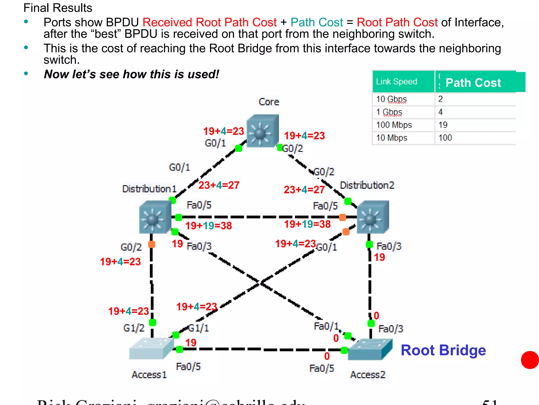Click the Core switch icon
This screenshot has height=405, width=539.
tap(262, 131)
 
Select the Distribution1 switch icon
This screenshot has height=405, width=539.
tap(155, 217)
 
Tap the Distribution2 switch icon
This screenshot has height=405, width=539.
tap(373, 217)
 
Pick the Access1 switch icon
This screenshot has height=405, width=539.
tap(151, 348)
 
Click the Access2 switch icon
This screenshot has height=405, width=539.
tap(370, 349)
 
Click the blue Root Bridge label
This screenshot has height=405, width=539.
tap(443, 350)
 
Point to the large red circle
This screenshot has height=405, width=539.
tap(530, 360)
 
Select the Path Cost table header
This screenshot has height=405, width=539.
tap(473, 83)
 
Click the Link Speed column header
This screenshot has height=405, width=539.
tap(396, 81)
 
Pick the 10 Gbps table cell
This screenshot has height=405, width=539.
tap(391, 99)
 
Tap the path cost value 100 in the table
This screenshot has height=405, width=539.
tap(445, 138)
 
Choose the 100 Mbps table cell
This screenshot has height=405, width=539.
tap(394, 125)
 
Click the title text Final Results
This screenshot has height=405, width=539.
tap(58, 8)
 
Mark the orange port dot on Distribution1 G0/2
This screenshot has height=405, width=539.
tap(152, 244)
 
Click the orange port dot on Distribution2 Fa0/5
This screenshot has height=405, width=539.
tap(342, 217)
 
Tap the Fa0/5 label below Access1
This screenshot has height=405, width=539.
tap(188, 367)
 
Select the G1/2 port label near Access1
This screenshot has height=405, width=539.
tap(134, 328)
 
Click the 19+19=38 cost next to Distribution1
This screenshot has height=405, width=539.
tap(208, 226)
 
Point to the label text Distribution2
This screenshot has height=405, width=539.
tap(367, 185)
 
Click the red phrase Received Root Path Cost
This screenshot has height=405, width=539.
tap(209, 22)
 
